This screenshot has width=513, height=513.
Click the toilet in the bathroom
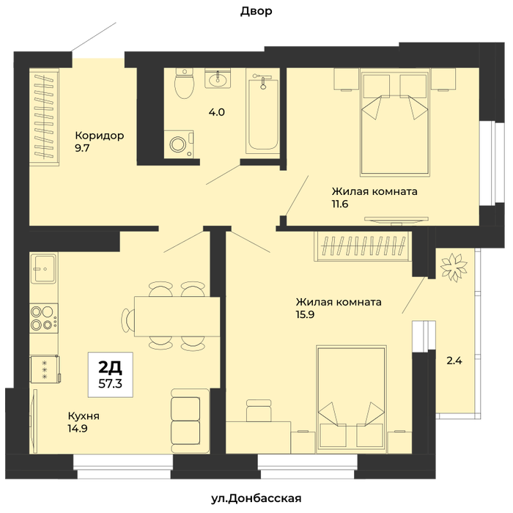pos(184,83)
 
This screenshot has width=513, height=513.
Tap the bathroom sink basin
pos(217,78)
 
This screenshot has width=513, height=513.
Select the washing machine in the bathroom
pos(179,144)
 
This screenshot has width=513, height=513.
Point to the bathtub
pos(263,113)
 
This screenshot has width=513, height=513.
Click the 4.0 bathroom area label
pos(217,112)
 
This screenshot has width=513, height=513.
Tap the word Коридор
pos(100,136)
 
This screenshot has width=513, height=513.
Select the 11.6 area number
pos(340,204)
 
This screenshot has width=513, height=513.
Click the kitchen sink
pos(44,269)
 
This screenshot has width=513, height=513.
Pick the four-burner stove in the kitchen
pos(44,318)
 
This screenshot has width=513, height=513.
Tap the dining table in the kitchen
pos(177,317)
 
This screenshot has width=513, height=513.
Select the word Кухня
pos(84,416)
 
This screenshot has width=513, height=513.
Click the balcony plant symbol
pos(454,267)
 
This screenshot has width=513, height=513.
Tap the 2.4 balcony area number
pos(454,361)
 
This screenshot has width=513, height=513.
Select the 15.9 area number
pos(305,314)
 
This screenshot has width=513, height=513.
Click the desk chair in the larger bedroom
pos(259,410)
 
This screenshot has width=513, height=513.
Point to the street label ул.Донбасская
pos(256,498)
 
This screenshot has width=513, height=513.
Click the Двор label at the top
pos(256,11)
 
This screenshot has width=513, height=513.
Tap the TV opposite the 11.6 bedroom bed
pos(396,220)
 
